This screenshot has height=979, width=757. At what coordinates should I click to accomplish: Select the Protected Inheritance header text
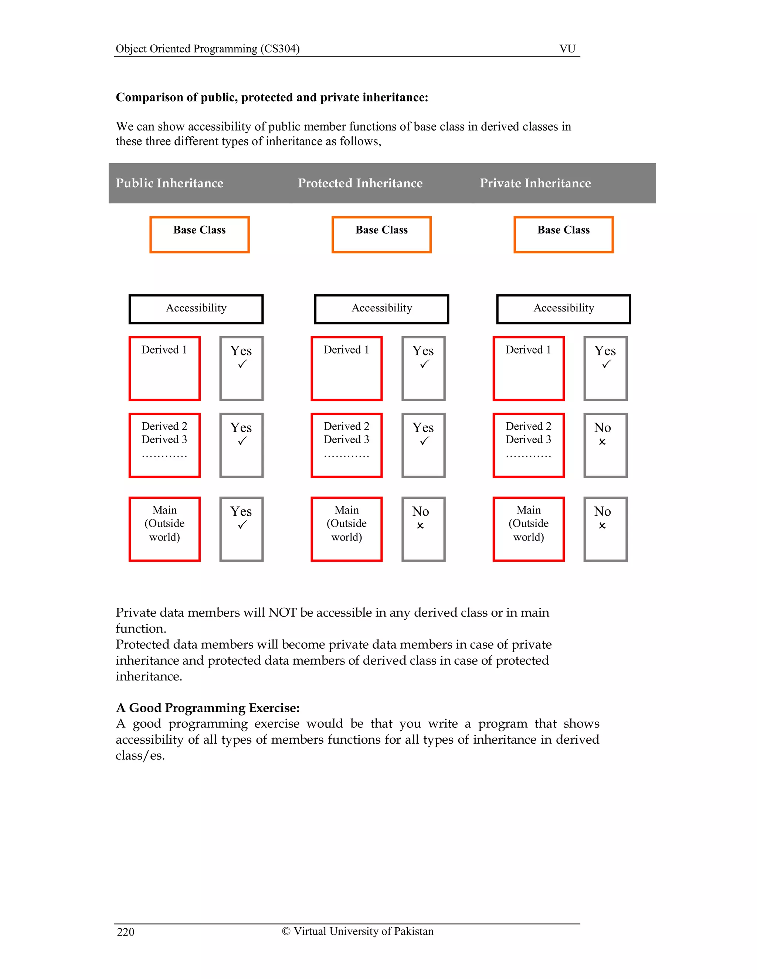pos(360,183)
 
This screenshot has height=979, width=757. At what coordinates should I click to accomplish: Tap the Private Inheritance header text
pos(535,183)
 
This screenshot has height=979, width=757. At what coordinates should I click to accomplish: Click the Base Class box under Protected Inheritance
pos(381,235)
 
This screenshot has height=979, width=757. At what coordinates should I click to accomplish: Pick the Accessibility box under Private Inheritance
pos(563,309)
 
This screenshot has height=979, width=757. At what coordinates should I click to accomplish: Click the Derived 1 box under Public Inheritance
pos(164,368)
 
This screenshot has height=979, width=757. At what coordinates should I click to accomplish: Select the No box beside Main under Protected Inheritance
pos(423,529)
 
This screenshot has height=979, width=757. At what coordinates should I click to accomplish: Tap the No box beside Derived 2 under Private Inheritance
pos(605,445)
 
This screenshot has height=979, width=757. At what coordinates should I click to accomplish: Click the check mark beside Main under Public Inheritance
pos(242,525)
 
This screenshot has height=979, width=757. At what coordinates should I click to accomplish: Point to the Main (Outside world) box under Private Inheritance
pos(528,529)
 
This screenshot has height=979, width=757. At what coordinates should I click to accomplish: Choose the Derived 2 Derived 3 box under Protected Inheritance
pos(347,445)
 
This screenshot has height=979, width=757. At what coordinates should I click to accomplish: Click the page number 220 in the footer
pos(126,932)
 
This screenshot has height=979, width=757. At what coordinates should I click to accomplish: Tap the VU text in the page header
pos(567,48)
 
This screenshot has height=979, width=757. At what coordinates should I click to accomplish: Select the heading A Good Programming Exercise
pos(208,708)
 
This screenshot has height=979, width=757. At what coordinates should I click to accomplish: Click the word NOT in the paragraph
pos(282,613)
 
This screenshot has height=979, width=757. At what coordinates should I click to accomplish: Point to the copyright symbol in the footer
pos(286,931)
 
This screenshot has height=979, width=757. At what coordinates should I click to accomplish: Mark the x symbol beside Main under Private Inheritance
pos(602,525)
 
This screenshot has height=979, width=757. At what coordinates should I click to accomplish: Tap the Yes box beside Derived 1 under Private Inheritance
pos(605,368)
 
